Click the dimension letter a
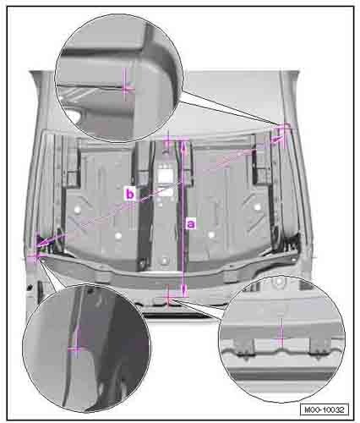(x=191, y=224)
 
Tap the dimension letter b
(x=130, y=195)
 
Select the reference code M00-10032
(x=325, y=409)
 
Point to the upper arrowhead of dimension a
(x=183, y=145)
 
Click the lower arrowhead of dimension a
(x=184, y=291)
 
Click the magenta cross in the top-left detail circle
(x=126, y=89)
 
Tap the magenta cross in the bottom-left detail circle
(x=76, y=349)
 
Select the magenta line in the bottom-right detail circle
(x=281, y=332)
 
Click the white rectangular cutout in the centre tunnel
(x=164, y=176)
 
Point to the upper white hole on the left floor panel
(x=77, y=210)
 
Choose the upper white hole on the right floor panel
(x=258, y=207)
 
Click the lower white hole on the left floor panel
(x=118, y=235)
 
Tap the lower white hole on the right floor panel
(x=211, y=234)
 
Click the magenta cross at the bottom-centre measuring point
(x=168, y=299)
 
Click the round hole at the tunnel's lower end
(x=164, y=260)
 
